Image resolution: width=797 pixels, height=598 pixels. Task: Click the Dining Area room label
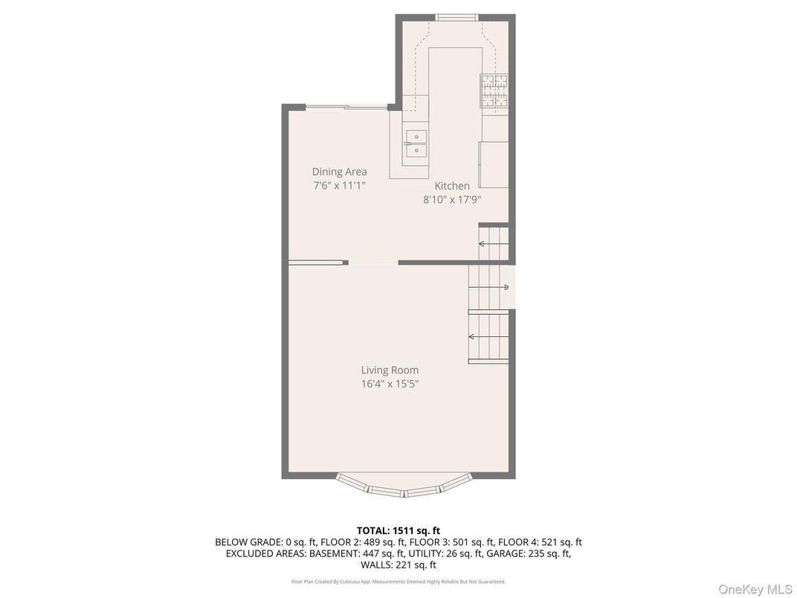339,172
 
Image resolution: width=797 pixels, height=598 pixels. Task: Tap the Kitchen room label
452,186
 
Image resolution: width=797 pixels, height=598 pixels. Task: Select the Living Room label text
390,370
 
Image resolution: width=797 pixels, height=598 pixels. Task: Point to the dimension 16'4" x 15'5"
390,384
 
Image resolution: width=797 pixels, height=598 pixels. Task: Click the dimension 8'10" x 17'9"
452,199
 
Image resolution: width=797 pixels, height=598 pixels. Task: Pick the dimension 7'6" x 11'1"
339,185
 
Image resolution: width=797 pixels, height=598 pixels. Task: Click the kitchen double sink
416,144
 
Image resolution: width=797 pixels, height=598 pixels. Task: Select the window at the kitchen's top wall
456,18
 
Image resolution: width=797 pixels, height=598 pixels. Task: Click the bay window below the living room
403,488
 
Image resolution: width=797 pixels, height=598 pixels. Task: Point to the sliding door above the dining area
346,108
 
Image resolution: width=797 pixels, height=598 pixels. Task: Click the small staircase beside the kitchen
493,244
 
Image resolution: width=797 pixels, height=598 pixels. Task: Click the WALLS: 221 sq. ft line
398,565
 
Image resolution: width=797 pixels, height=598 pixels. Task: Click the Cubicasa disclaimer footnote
398,582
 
